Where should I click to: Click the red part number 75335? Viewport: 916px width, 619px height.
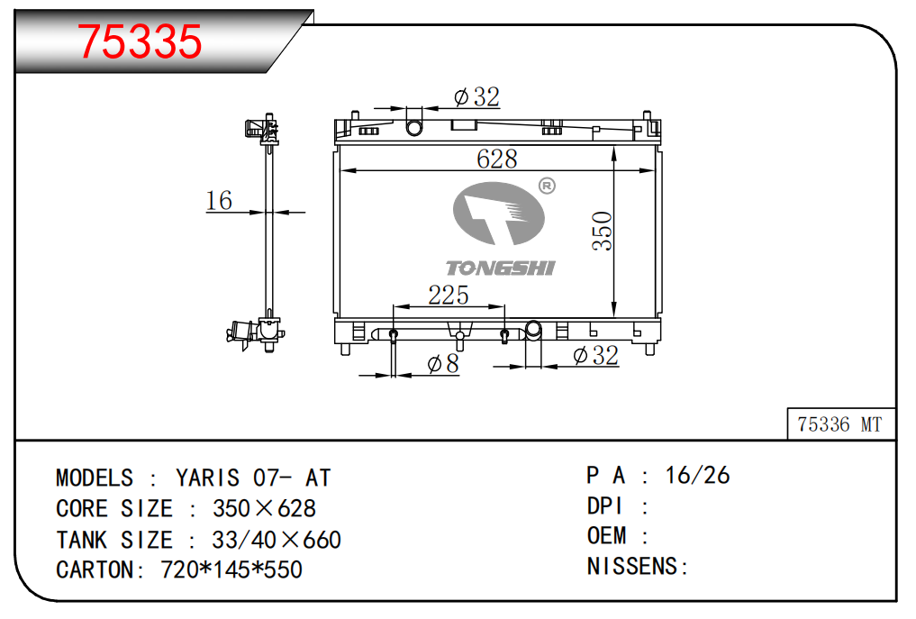click(x=140, y=41)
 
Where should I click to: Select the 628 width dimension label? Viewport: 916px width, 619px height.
click(x=497, y=159)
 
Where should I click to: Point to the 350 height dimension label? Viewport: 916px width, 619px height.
click(x=602, y=232)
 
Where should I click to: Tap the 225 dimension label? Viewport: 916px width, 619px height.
click(x=448, y=296)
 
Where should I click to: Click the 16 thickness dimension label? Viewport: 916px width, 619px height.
click(x=219, y=201)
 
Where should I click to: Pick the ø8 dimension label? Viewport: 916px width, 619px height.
click(x=443, y=364)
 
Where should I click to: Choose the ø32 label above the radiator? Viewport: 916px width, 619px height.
click(x=476, y=97)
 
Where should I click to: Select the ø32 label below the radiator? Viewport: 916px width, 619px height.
click(x=595, y=355)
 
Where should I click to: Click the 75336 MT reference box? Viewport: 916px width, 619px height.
click(x=840, y=423)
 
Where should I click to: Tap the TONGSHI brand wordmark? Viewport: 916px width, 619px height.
click(x=500, y=269)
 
